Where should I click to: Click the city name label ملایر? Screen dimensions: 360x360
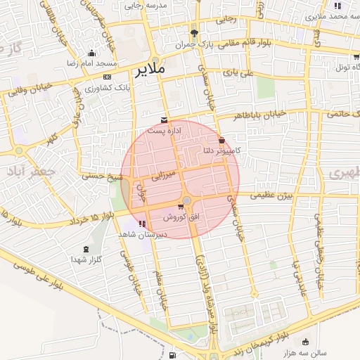point(148,70)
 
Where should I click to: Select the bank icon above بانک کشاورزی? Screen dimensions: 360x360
point(107,77)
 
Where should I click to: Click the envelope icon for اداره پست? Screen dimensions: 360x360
point(164,120)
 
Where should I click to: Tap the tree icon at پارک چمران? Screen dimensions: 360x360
point(194,32)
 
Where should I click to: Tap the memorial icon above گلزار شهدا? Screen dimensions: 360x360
point(86,250)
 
